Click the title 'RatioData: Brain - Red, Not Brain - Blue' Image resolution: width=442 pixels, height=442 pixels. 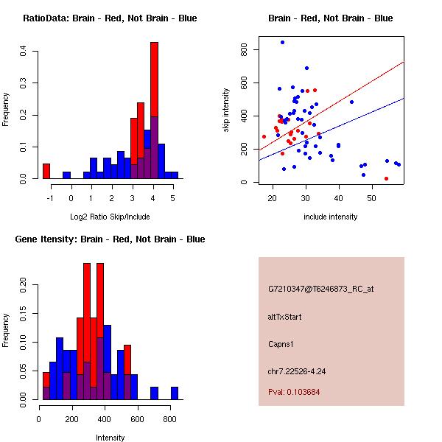click(x=110, y=18)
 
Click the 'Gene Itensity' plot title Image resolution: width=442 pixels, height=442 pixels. click(x=110, y=239)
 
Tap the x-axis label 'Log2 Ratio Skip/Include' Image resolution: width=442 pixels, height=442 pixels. click(x=110, y=217)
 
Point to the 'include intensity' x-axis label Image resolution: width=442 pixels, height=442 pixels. click(x=331, y=217)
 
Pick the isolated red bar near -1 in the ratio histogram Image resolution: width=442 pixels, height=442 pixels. click(x=46, y=171)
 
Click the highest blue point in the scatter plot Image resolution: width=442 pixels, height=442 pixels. click(x=282, y=43)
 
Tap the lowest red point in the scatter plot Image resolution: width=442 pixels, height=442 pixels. click(x=386, y=178)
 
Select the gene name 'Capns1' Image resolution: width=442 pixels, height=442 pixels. click(x=281, y=344)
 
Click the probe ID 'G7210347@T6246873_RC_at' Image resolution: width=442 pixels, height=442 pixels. click(x=320, y=290)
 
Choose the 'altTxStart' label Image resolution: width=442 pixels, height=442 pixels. click(x=285, y=317)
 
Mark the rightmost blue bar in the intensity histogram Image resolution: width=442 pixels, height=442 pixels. click(x=175, y=393)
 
